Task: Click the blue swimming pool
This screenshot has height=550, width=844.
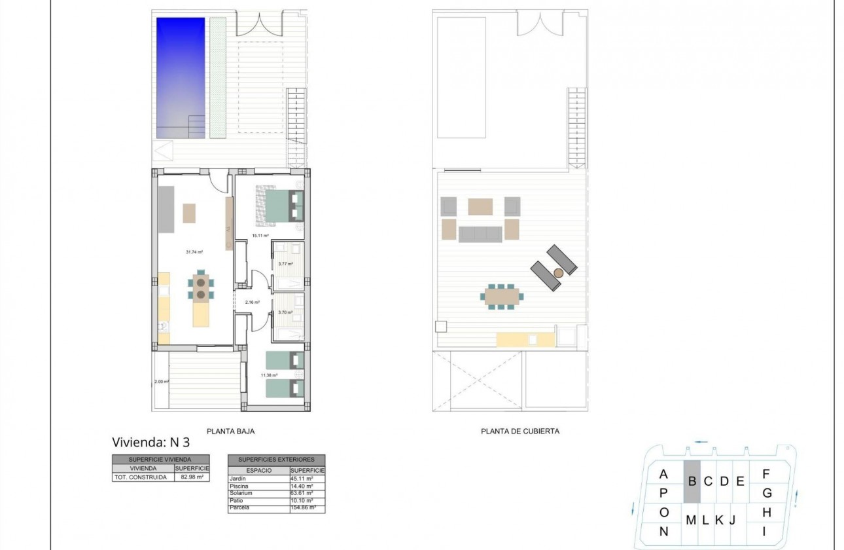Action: click(x=181, y=77)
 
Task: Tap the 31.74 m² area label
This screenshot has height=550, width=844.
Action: click(x=195, y=251)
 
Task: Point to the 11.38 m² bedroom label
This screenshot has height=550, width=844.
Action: click(x=270, y=375)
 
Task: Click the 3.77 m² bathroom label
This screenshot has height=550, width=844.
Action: click(x=285, y=264)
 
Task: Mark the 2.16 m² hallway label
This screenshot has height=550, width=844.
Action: click(x=253, y=302)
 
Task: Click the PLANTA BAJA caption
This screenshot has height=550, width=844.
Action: click(x=230, y=431)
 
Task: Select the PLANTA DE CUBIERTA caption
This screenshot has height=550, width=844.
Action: click(x=519, y=431)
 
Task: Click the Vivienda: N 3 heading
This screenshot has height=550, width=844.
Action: click(x=151, y=442)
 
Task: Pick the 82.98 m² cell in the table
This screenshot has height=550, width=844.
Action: click(x=192, y=477)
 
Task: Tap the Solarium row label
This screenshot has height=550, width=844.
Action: click(x=240, y=493)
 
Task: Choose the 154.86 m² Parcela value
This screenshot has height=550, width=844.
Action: click(x=304, y=507)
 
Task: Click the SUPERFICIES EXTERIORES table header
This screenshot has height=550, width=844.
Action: click(x=275, y=460)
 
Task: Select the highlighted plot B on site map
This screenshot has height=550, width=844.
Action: click(x=692, y=481)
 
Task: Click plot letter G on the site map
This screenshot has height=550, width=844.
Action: click(x=767, y=492)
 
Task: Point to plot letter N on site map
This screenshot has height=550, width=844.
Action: click(x=663, y=531)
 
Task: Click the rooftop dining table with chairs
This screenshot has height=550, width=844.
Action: click(x=502, y=295)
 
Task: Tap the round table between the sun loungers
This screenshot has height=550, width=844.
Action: click(x=558, y=272)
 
